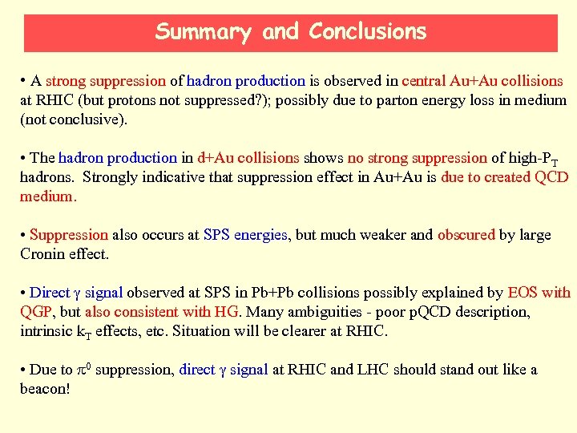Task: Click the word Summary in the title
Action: tap(204, 32)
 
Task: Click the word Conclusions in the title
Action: tap(368, 32)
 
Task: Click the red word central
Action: tap(426, 81)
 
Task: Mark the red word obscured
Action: tap(466, 235)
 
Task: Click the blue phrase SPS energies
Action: tap(245, 235)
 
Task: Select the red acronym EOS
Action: tap(523, 293)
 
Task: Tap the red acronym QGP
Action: tap(34, 312)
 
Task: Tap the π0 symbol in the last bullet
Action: tap(83, 370)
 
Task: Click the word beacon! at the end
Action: tap(45, 389)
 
